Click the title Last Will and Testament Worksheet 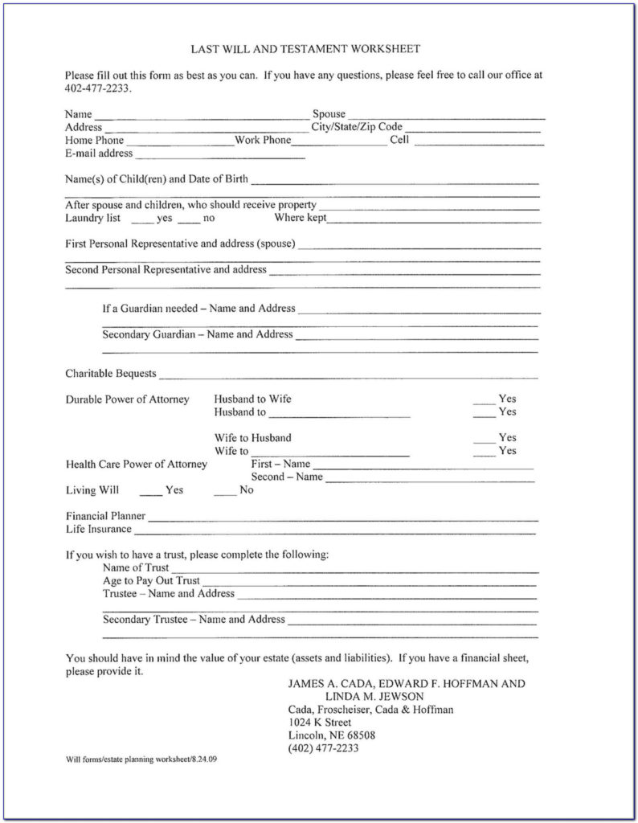tap(305, 49)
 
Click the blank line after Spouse tap(445, 117)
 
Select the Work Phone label tap(263, 140)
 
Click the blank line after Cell tap(479, 142)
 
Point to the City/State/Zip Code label tap(357, 127)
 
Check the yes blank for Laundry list tap(141, 220)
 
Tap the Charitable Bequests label tap(111, 374)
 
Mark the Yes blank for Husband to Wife tap(483, 400)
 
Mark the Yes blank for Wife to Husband tap(483, 440)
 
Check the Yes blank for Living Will tap(149, 492)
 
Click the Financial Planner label tap(105, 516)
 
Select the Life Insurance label tap(98, 529)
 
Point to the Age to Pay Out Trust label tap(151, 580)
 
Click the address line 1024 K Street tap(320, 723)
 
